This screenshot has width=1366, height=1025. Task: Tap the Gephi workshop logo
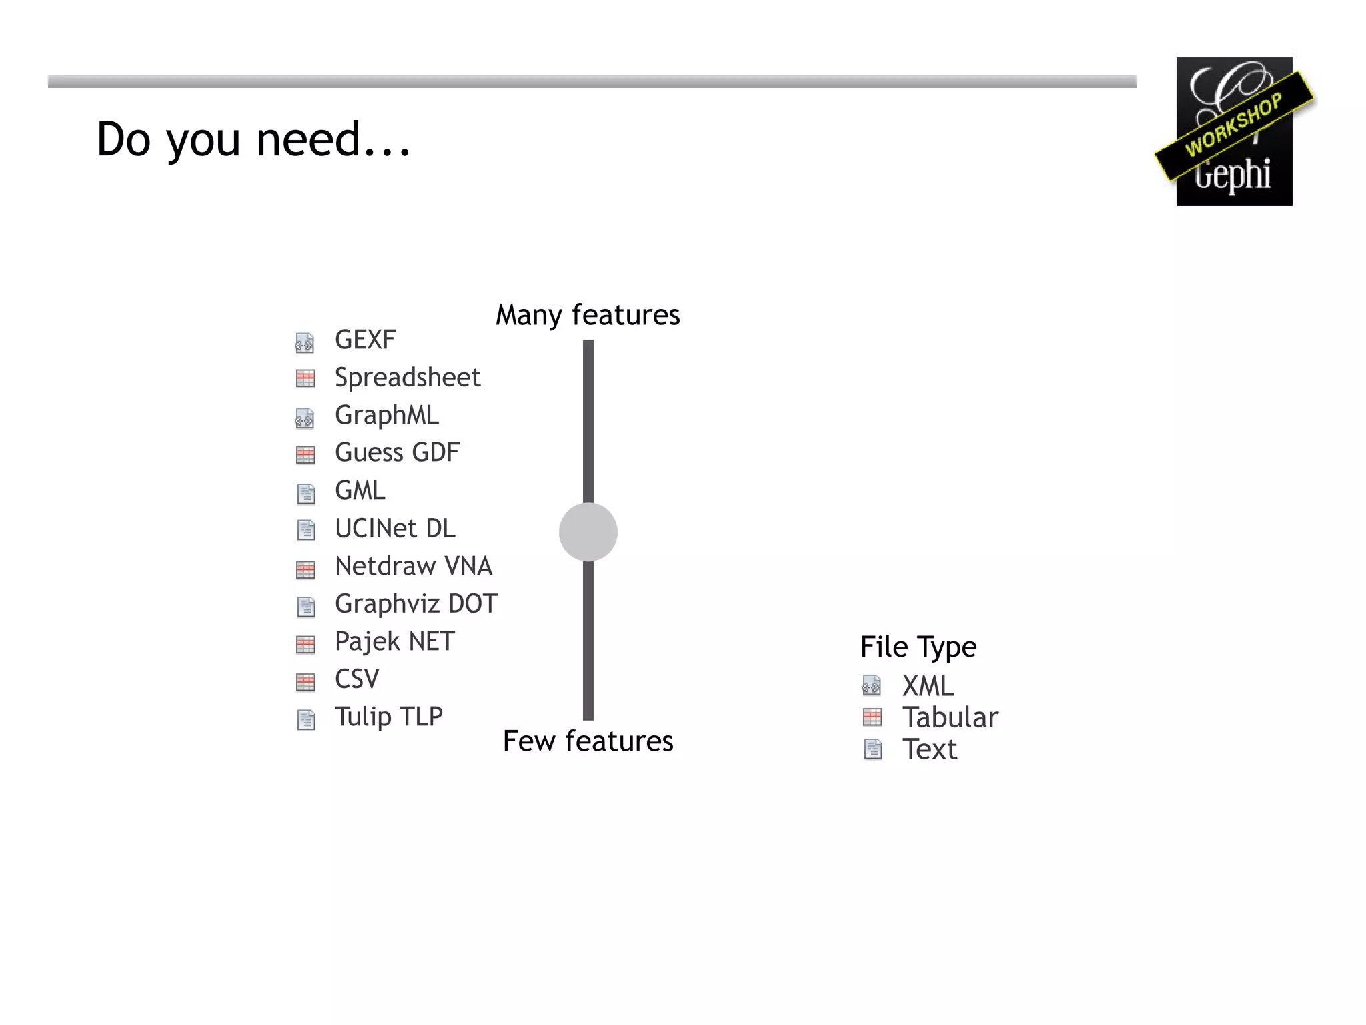[1234, 131]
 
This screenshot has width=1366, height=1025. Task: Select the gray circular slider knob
[588, 532]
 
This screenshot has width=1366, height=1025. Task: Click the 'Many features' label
[588, 315]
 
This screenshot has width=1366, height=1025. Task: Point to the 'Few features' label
[588, 741]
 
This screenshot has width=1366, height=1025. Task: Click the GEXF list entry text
[365, 340]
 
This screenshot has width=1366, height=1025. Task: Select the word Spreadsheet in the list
[407, 378]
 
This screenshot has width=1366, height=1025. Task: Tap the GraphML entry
[387, 415]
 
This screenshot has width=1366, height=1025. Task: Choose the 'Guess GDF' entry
[397, 452]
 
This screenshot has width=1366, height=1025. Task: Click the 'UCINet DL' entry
[395, 529]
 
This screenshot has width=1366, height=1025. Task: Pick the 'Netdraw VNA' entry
[414, 566]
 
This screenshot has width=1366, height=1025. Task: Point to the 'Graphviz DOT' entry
[416, 604]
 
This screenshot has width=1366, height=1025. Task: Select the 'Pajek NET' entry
[395, 641]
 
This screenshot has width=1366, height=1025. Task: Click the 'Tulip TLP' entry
[389, 717]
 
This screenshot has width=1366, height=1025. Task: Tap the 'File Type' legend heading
[918, 647]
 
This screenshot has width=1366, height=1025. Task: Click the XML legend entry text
[928, 686]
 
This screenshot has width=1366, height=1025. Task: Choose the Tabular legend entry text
[950, 717]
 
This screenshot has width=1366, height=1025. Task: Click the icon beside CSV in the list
[305, 682]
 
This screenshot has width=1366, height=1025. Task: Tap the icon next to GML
[305, 494]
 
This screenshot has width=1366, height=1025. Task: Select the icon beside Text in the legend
[872, 749]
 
